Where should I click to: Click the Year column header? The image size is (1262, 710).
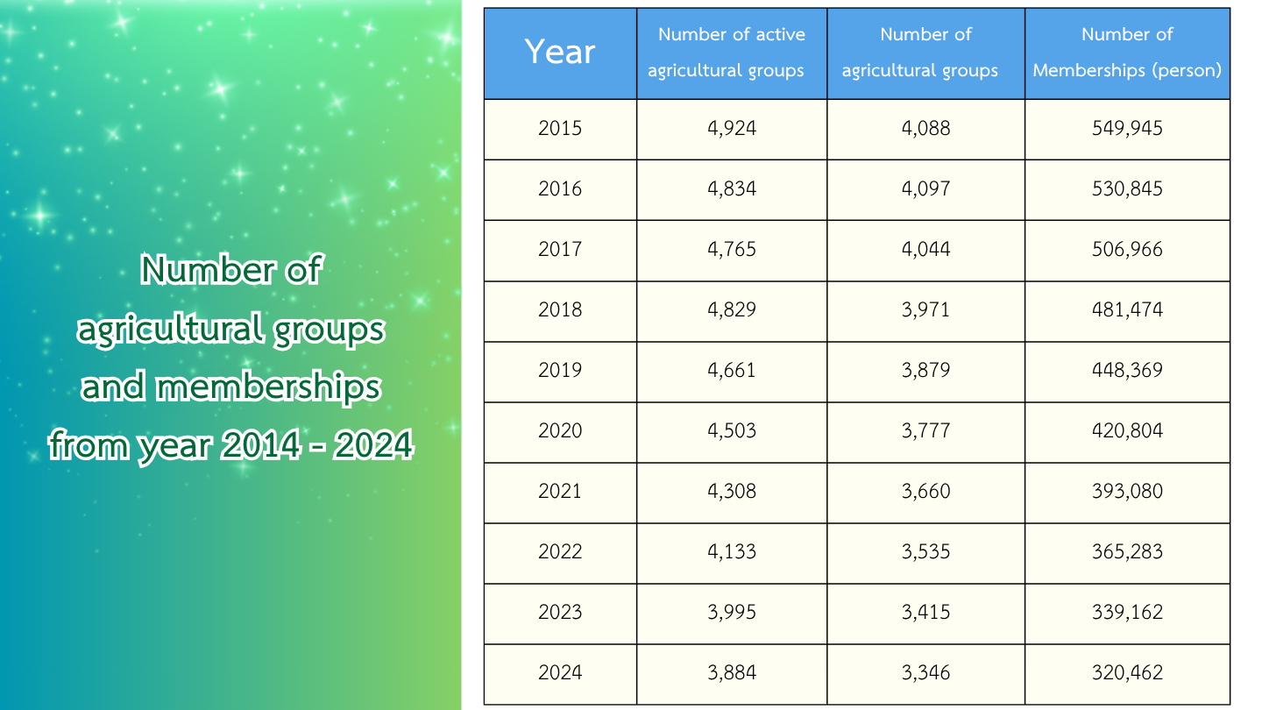click(x=560, y=53)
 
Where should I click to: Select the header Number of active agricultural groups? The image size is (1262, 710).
click(x=731, y=53)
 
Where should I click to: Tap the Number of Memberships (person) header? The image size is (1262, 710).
click(x=1127, y=53)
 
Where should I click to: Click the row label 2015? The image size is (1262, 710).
click(x=560, y=129)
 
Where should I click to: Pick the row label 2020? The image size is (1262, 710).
click(x=560, y=431)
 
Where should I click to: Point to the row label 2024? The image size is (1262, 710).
click(x=560, y=673)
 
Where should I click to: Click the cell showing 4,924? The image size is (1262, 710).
click(x=731, y=129)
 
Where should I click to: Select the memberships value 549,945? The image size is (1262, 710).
click(x=1127, y=129)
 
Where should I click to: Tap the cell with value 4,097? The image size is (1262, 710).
click(x=925, y=189)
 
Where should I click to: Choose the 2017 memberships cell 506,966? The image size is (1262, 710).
click(x=1127, y=250)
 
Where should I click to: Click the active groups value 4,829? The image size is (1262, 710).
click(x=731, y=310)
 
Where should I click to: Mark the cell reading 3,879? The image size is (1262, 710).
click(x=925, y=371)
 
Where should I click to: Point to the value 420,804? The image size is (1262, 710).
click(x=1127, y=431)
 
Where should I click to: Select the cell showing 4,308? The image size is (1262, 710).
click(x=731, y=492)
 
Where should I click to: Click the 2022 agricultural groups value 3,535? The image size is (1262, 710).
click(x=925, y=552)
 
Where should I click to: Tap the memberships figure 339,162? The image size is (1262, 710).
click(x=1127, y=613)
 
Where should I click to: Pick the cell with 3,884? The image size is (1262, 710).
click(x=731, y=673)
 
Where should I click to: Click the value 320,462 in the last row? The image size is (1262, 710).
click(x=1127, y=673)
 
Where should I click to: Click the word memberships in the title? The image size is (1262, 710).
click(x=268, y=387)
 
